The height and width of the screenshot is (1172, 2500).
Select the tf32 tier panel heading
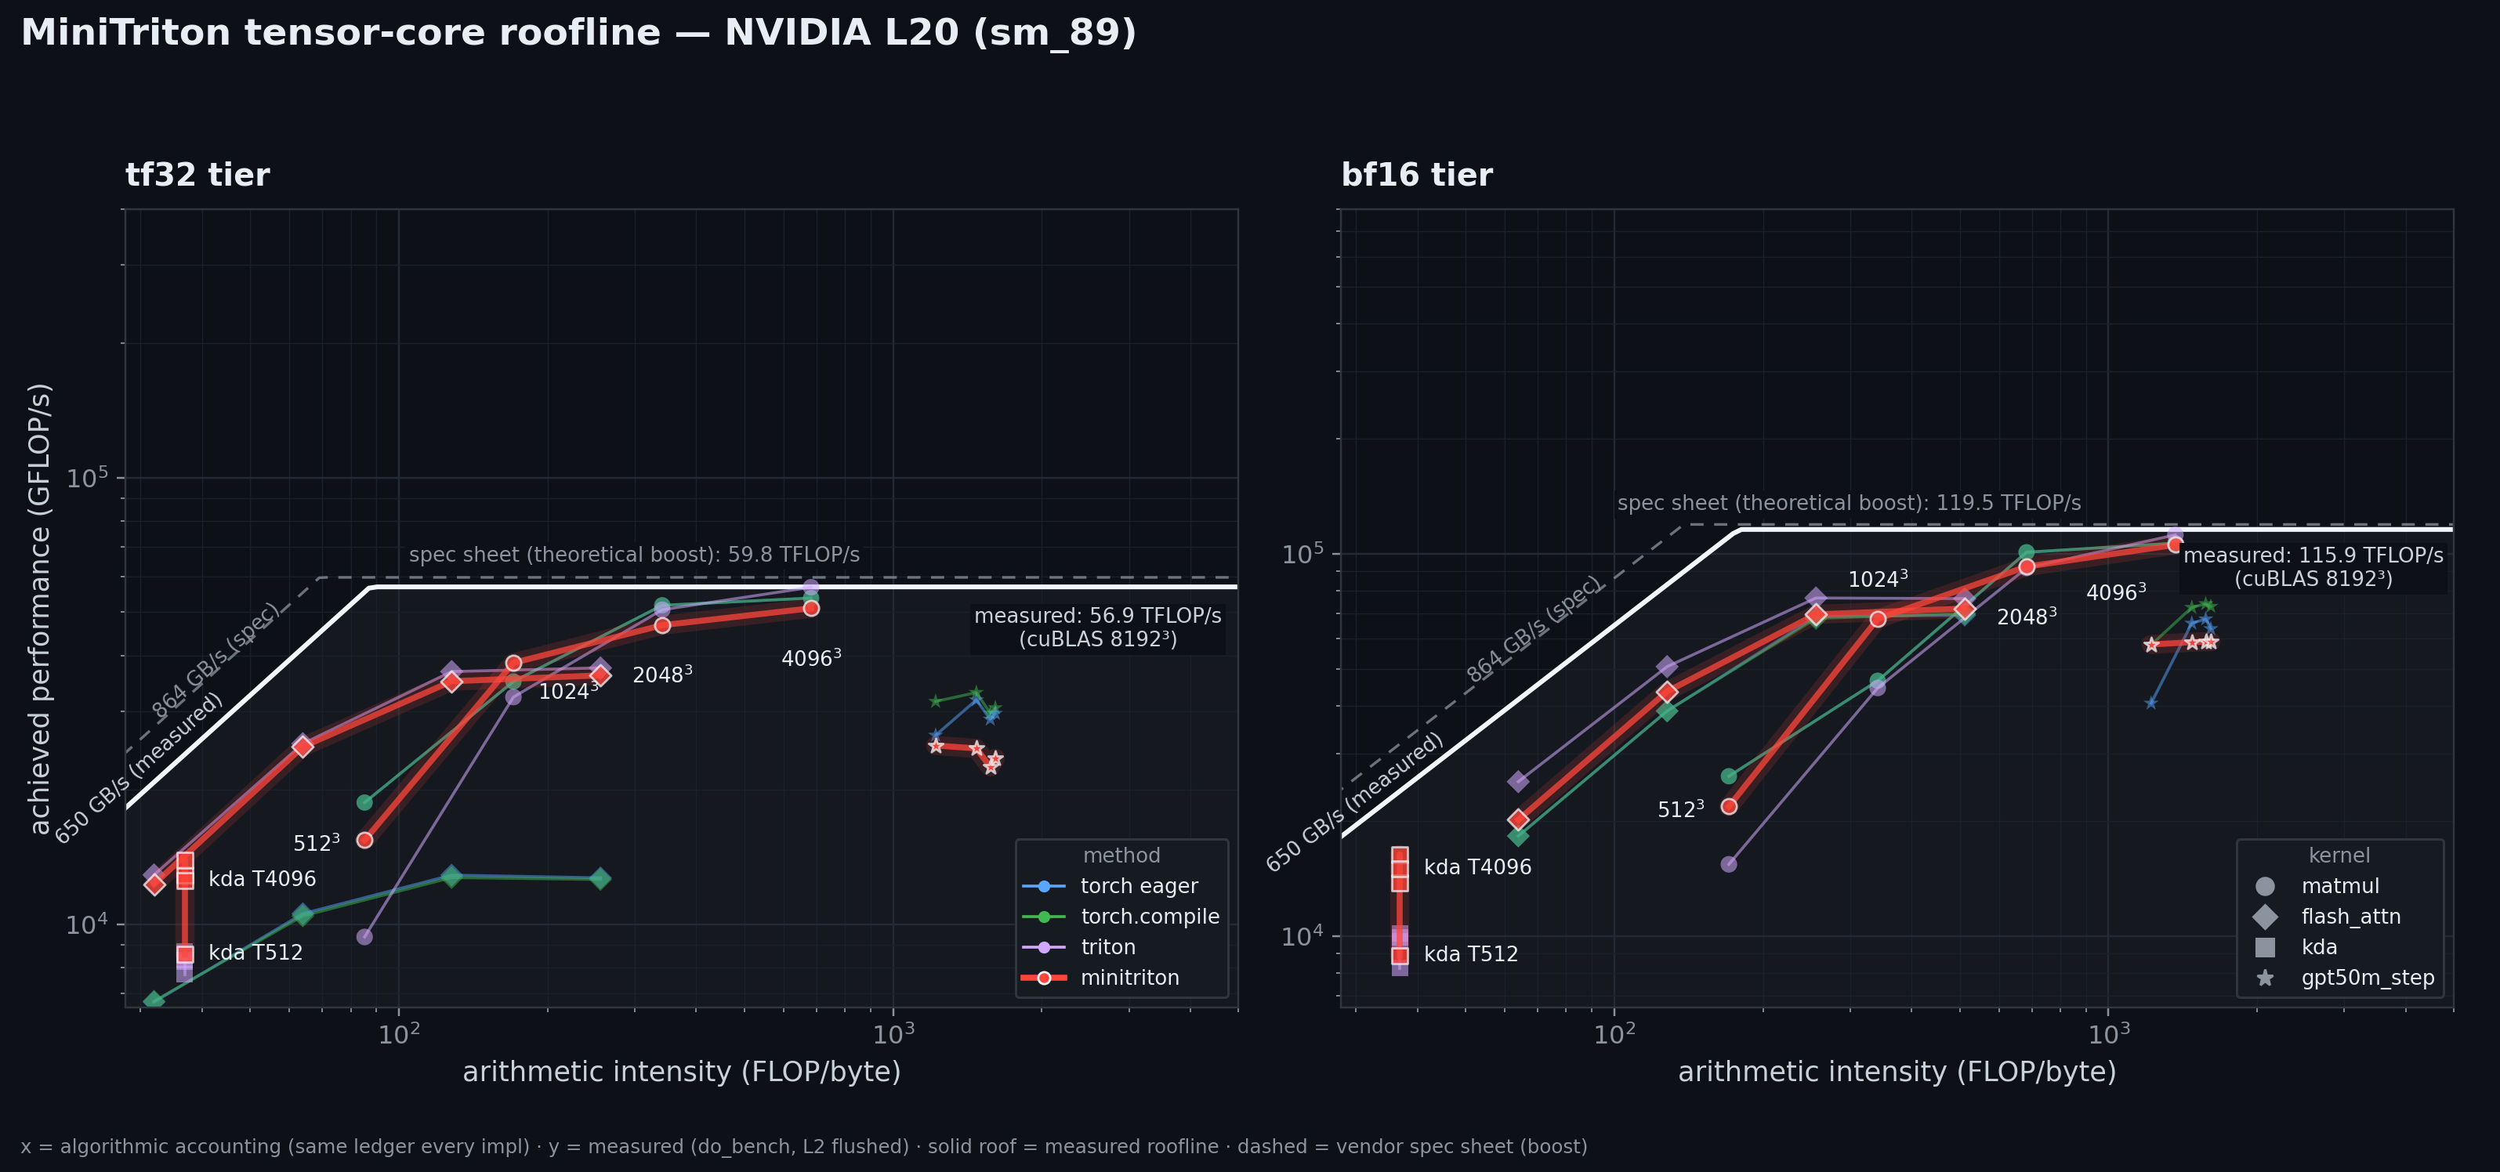click(198, 175)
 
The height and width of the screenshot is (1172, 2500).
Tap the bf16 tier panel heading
click(1417, 175)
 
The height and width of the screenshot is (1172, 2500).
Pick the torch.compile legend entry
click(1121, 917)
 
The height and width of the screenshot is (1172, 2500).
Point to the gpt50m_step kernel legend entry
click(2344, 978)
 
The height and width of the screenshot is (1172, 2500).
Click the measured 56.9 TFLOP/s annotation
click(1098, 627)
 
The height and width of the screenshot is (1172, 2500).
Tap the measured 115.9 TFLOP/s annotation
click(2313, 566)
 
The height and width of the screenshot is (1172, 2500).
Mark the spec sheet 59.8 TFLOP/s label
click(635, 555)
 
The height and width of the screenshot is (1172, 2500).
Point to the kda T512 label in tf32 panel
click(255, 953)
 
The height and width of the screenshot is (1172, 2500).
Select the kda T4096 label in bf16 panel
click(1477, 867)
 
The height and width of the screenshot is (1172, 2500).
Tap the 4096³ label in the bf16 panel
click(2116, 591)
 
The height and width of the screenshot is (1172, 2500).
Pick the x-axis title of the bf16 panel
click(1897, 1072)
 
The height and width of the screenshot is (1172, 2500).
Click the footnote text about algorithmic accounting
click(803, 1147)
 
